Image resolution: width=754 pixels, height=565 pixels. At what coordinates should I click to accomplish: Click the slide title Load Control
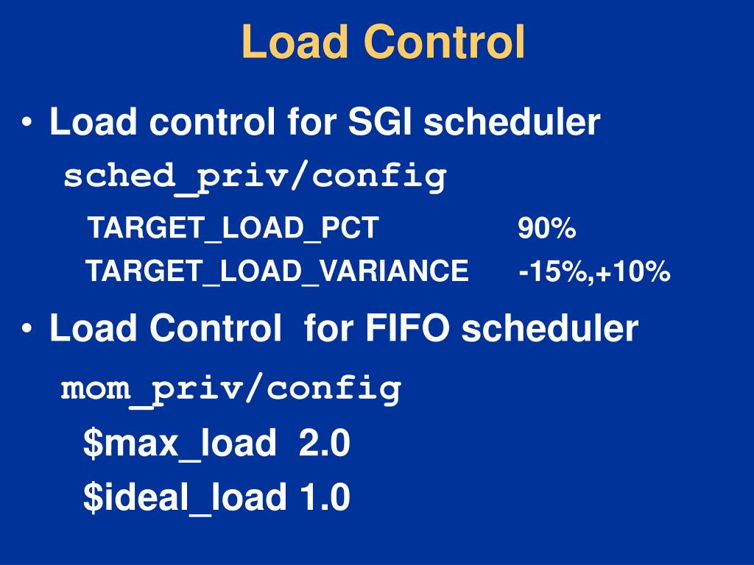pyautogui.click(x=384, y=42)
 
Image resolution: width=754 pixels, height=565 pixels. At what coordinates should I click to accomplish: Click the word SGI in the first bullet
pyautogui.click(x=381, y=122)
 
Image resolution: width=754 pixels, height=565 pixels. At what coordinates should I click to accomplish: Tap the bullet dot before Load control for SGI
pyautogui.click(x=27, y=123)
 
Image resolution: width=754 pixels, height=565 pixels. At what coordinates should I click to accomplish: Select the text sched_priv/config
pyautogui.click(x=255, y=177)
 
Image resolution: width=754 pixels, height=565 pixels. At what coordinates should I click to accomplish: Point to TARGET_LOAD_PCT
pyautogui.click(x=233, y=229)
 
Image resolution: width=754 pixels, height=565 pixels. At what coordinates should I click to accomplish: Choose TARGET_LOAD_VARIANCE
pyautogui.click(x=277, y=271)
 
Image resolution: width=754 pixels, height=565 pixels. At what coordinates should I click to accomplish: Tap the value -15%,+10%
pyautogui.click(x=594, y=271)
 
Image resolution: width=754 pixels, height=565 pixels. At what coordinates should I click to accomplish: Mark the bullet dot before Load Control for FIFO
pyautogui.click(x=27, y=330)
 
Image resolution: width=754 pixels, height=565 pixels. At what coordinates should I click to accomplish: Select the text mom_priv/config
pyautogui.click(x=231, y=388)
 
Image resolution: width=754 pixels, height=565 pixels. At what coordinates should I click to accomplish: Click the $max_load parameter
pyautogui.click(x=180, y=444)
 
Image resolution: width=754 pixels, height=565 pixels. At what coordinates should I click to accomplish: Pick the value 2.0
pyautogui.click(x=325, y=444)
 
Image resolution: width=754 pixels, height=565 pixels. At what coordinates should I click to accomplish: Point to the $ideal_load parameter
pyautogui.click(x=184, y=498)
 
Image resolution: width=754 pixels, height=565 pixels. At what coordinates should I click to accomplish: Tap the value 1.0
pyautogui.click(x=325, y=498)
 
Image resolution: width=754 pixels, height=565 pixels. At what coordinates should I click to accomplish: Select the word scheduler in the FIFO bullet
pyautogui.click(x=551, y=329)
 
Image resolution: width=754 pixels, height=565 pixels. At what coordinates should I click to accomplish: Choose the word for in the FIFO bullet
pyautogui.click(x=329, y=329)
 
